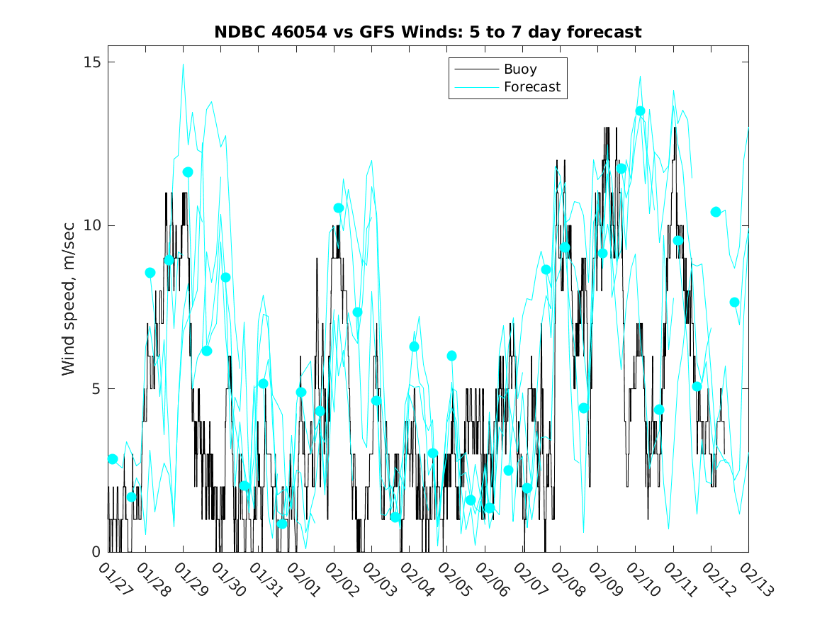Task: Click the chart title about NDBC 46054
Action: click(x=428, y=33)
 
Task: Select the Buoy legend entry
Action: click(x=520, y=69)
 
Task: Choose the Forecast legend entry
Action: click(x=531, y=87)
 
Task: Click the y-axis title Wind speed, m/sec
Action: click(x=69, y=307)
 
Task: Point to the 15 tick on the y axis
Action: click(x=91, y=62)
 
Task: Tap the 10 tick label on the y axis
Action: click(x=91, y=225)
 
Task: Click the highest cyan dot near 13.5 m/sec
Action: click(x=640, y=111)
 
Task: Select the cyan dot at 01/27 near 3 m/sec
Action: click(x=113, y=459)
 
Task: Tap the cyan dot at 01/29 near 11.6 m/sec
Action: click(x=188, y=172)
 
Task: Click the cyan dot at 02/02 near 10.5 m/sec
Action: click(x=339, y=208)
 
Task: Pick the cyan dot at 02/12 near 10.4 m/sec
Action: click(x=716, y=212)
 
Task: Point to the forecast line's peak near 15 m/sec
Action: click(x=184, y=64)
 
